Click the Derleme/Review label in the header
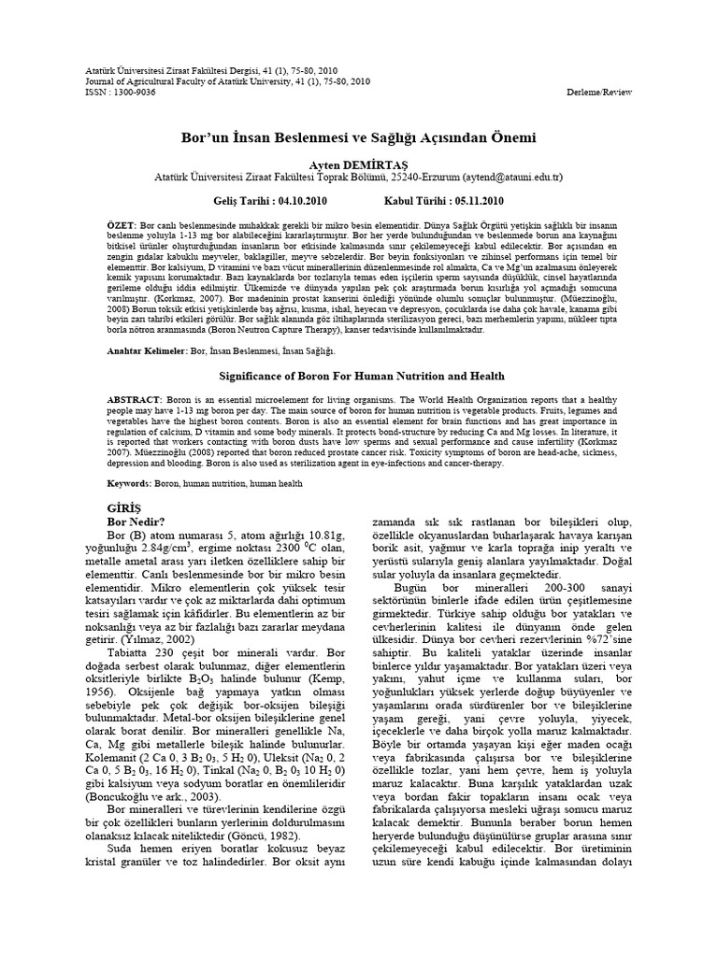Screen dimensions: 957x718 [600, 92]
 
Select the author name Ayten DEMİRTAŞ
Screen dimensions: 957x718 [359, 162]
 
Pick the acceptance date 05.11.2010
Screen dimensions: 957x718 [478, 201]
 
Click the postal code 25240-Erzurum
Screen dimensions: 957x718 [426, 175]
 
